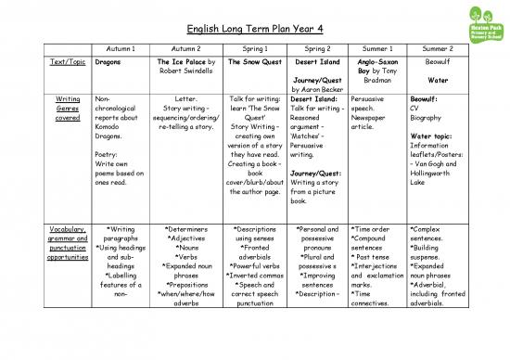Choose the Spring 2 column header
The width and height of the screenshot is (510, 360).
(318, 45)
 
